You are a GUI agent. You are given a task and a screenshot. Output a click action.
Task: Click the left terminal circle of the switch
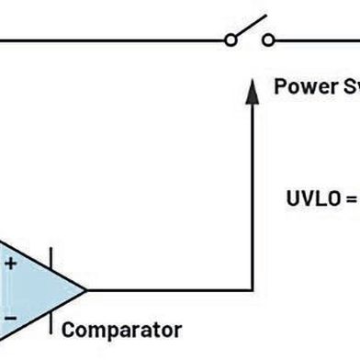[x=231, y=39]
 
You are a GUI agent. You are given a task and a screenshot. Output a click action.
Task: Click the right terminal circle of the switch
[x=268, y=39]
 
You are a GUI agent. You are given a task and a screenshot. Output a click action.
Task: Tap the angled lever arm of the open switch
[x=249, y=28]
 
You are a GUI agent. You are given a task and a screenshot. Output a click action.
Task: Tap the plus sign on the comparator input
[x=11, y=264]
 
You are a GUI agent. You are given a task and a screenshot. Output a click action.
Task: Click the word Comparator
[x=121, y=329]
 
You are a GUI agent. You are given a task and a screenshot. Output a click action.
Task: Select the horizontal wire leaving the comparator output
[x=165, y=289]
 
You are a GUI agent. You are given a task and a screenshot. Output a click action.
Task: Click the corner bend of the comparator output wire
[x=251, y=289]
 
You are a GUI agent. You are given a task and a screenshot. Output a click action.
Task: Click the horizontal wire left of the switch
[x=110, y=39]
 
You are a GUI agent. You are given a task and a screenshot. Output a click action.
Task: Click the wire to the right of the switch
[x=317, y=39]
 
